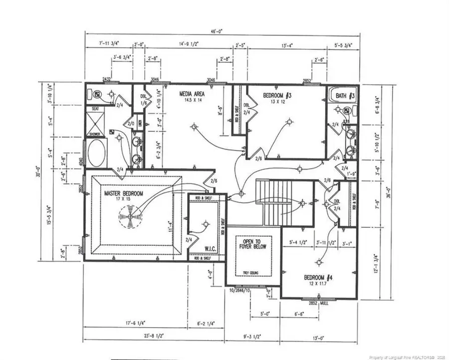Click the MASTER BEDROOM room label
[x=123, y=193]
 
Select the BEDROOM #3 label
[x=273, y=95]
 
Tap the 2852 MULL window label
[x=319, y=303]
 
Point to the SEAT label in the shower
[x=95, y=108]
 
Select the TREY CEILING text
[x=251, y=272]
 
